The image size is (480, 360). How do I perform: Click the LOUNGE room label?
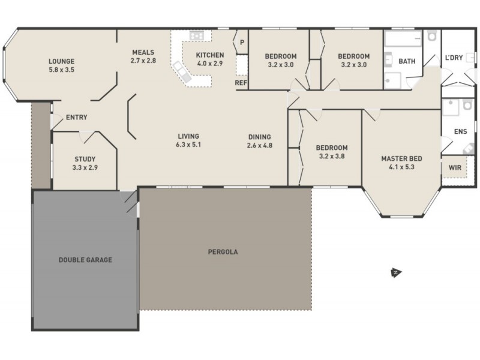coord(61,61)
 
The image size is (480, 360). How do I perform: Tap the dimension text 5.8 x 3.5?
coord(61,70)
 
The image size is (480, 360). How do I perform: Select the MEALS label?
coord(143,52)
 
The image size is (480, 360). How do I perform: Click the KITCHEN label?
coord(210,55)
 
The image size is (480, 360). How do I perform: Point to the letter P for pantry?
coord(242,42)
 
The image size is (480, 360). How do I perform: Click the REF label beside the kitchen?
coord(241,83)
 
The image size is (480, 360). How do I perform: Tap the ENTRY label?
coord(77,117)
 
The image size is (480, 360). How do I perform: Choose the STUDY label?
coord(85,159)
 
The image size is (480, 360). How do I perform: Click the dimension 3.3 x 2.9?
coord(85,168)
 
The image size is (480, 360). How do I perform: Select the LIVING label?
coord(188,136)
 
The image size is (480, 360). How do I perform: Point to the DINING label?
coord(259,136)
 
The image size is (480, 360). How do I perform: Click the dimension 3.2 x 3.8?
coord(332,157)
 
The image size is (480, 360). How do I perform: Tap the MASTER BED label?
coord(402,158)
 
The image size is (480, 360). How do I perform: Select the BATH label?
coord(407,61)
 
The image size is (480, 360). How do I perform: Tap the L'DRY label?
coord(454,57)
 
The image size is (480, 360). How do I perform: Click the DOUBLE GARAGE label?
coord(85,260)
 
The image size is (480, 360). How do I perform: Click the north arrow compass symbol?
coord(395,273)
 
